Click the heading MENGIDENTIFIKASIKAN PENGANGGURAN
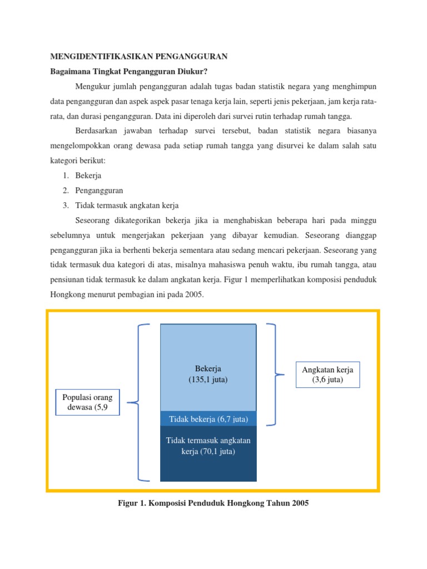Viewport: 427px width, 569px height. coord(139,57)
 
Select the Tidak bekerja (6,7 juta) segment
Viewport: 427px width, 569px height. coord(208,419)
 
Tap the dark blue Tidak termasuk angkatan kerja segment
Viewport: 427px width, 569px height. coord(208,453)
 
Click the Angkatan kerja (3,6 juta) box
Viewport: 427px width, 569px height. coord(327,375)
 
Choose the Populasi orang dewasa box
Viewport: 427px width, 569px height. coord(87,402)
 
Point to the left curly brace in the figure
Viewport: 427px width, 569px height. coord(139,402)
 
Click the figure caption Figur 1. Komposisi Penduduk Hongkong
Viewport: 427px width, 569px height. coord(213,503)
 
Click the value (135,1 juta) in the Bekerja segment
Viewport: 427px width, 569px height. coord(208,380)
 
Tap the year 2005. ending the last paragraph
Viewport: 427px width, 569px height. coord(194,295)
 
